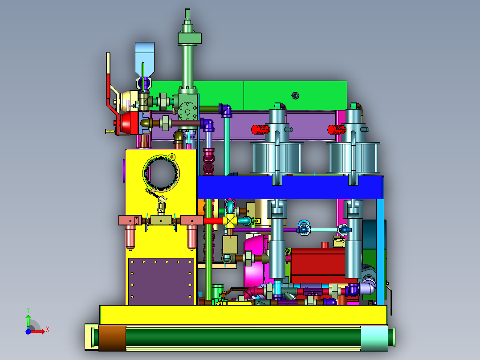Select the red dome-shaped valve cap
tap(129, 123)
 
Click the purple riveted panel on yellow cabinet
tap(161, 281)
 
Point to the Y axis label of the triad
tap(28, 310)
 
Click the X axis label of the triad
tap(48, 330)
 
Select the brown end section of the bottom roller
tap(112, 338)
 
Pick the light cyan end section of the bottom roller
tap(374, 338)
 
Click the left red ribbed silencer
tap(260, 130)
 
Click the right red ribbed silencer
tap(337, 130)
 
